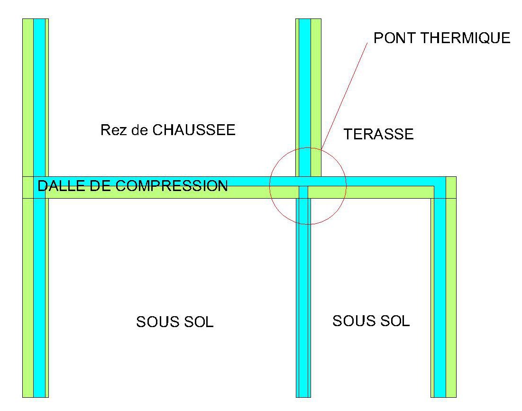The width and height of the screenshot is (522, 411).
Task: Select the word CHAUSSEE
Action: pyautogui.click(x=194, y=129)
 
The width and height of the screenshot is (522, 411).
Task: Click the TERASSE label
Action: pyautogui.click(x=378, y=134)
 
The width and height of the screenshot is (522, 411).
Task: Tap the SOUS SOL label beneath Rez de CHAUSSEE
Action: pyautogui.click(x=174, y=322)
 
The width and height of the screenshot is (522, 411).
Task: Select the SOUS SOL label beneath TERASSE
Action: pyautogui.click(x=371, y=321)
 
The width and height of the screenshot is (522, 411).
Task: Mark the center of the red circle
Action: pyautogui.click(x=308, y=186)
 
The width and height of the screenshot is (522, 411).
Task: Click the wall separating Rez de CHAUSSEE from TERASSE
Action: pyautogui.click(x=308, y=95)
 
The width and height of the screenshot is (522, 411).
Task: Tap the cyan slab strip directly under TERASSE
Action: pyautogui.click(x=379, y=181)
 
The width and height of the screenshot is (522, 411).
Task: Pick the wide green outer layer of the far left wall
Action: pyautogui.click(x=28, y=95)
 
